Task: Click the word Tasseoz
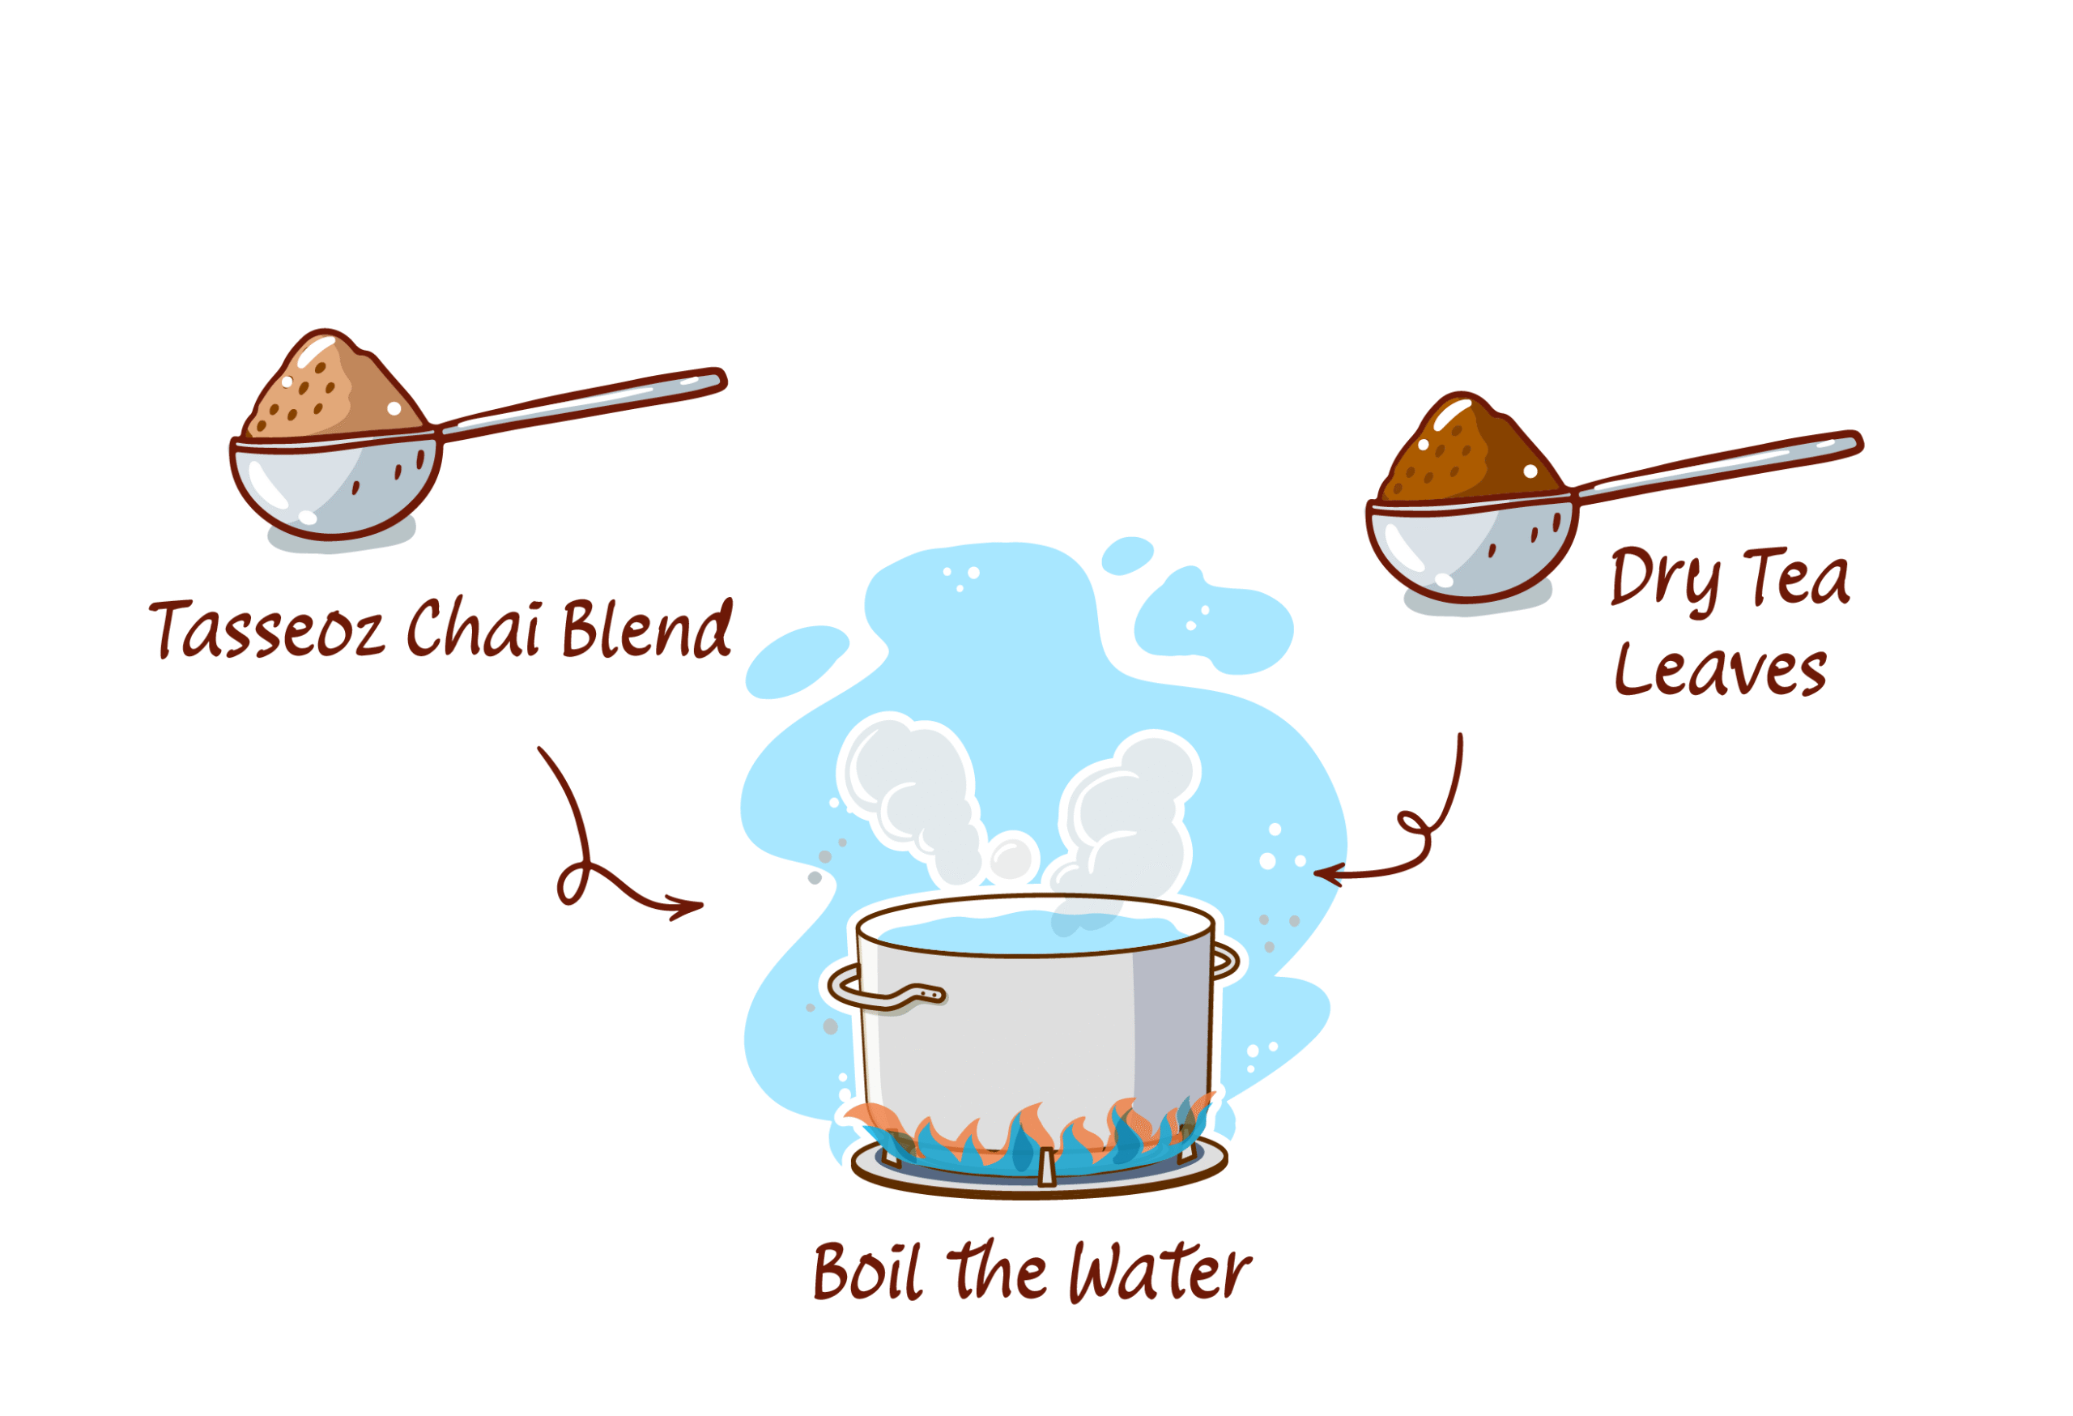coord(266,629)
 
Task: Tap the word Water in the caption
coord(1160,1272)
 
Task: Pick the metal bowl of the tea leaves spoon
coord(1472,548)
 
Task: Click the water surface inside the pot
coord(1035,932)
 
